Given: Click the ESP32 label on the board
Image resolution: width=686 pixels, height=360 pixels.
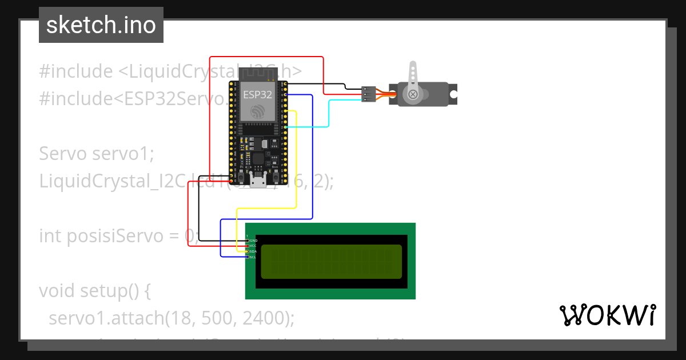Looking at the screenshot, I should point(258,95).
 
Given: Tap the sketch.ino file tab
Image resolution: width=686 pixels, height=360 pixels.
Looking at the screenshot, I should point(101,25).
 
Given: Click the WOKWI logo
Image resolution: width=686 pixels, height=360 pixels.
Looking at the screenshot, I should point(607,315).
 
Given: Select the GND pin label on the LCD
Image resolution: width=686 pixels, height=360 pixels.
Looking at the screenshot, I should point(253,241).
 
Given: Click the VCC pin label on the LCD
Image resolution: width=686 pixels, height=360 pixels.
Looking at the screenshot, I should point(253,246).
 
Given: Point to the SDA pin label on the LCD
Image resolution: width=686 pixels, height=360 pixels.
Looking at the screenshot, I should point(253,251).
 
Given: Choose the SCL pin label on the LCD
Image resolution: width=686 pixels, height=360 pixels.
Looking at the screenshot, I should point(253,257).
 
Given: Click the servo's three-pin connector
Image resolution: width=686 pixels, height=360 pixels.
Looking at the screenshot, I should point(369,94).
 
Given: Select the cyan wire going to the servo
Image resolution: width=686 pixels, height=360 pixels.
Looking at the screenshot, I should point(329,114).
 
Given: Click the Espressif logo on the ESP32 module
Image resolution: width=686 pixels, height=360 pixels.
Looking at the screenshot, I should point(258,111).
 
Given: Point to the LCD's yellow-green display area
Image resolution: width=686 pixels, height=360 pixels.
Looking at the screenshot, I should point(331,261).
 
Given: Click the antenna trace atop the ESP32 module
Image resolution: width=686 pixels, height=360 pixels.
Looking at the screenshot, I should point(258,73).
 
